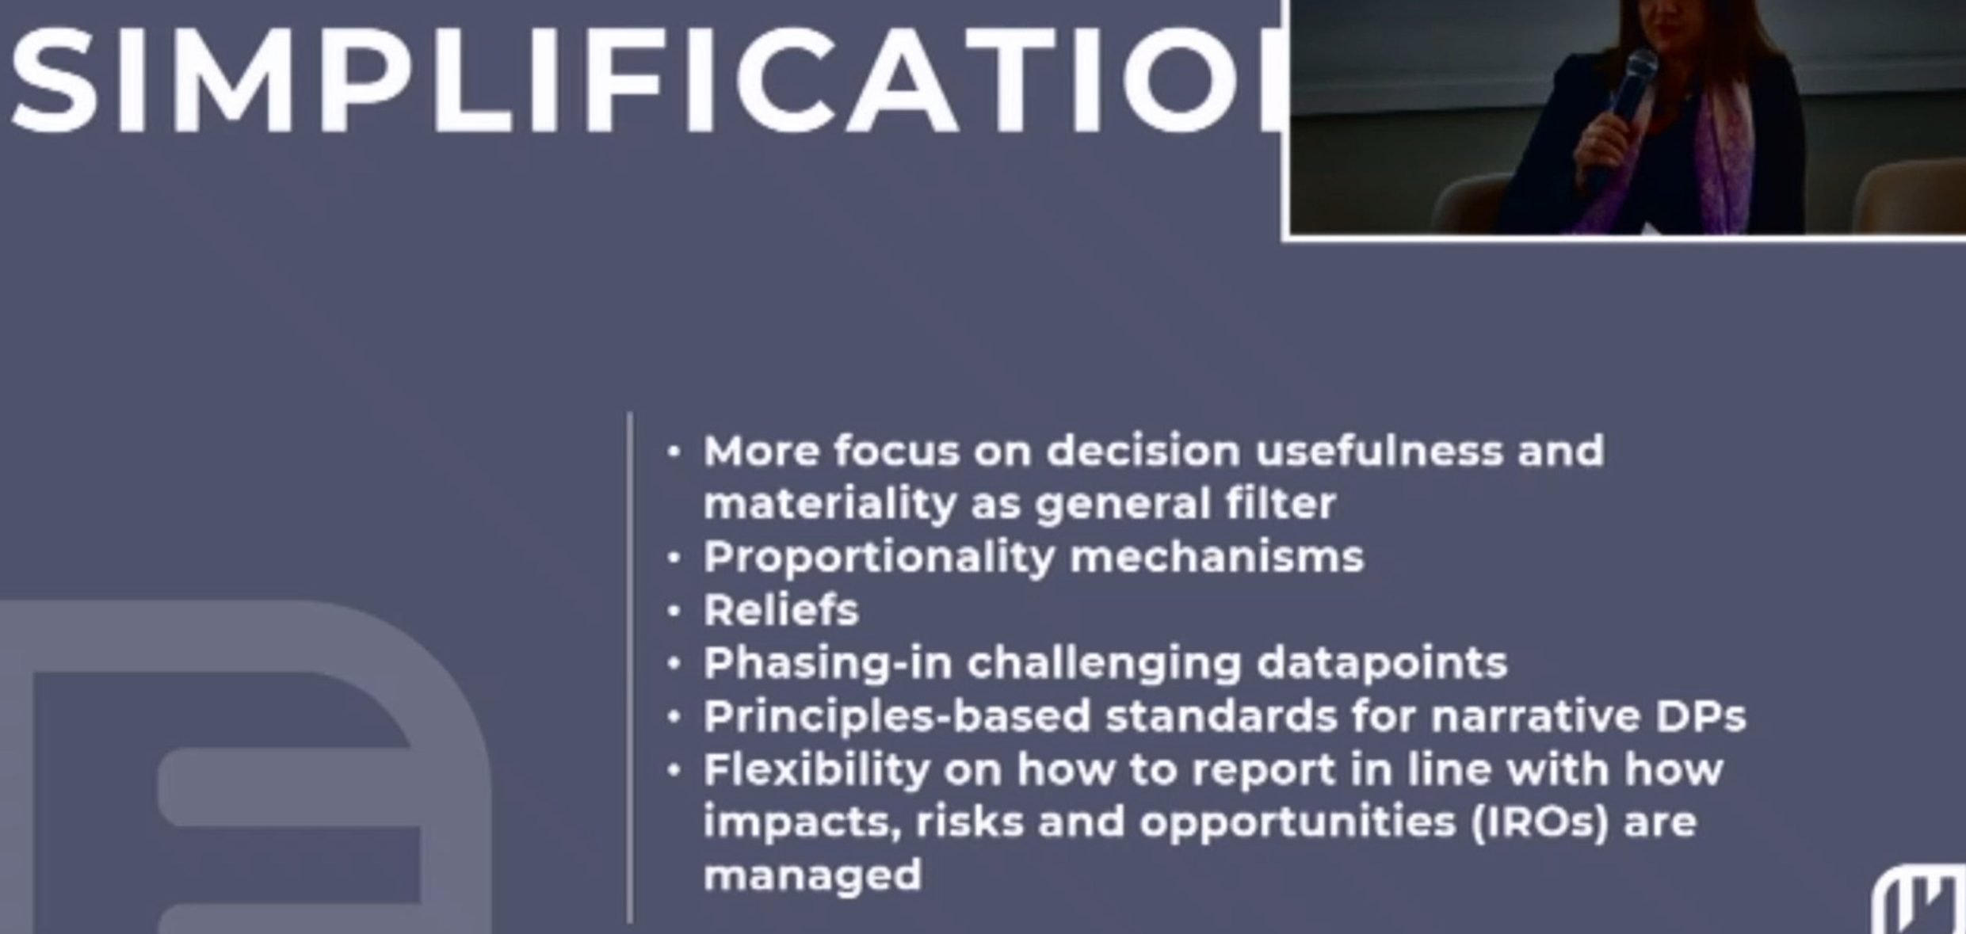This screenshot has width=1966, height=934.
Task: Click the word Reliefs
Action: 781,611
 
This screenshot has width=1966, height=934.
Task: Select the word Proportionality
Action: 879,558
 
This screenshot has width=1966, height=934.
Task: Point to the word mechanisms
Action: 1216,557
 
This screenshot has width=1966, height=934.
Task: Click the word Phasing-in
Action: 827,663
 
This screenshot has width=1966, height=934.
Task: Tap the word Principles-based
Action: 897,717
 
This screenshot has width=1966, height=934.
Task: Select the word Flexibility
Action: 816,769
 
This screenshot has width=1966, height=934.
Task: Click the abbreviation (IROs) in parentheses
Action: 1540,822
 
